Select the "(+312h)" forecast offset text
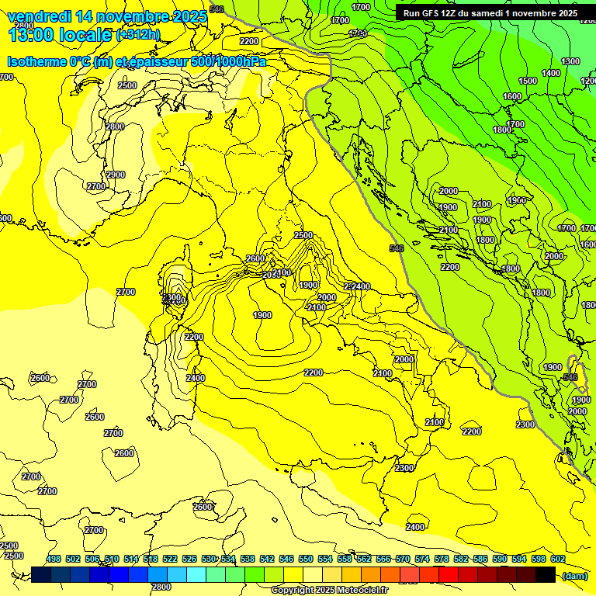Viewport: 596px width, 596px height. pos(138,34)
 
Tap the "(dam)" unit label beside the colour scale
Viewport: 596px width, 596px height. pos(574,575)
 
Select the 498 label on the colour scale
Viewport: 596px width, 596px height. pos(54,559)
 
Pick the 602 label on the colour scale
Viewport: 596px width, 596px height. pos(557,559)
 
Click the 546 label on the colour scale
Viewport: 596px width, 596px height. pos(286,559)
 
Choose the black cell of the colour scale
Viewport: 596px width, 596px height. pos(546,575)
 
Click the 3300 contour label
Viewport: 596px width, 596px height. pos(172,297)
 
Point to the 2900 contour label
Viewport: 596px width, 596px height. pos(116,175)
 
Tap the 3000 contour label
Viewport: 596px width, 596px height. pos(327,297)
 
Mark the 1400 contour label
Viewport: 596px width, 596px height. pos(551,73)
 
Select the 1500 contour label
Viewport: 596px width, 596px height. pos(528,81)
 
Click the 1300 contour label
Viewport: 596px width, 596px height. pos(570,61)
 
